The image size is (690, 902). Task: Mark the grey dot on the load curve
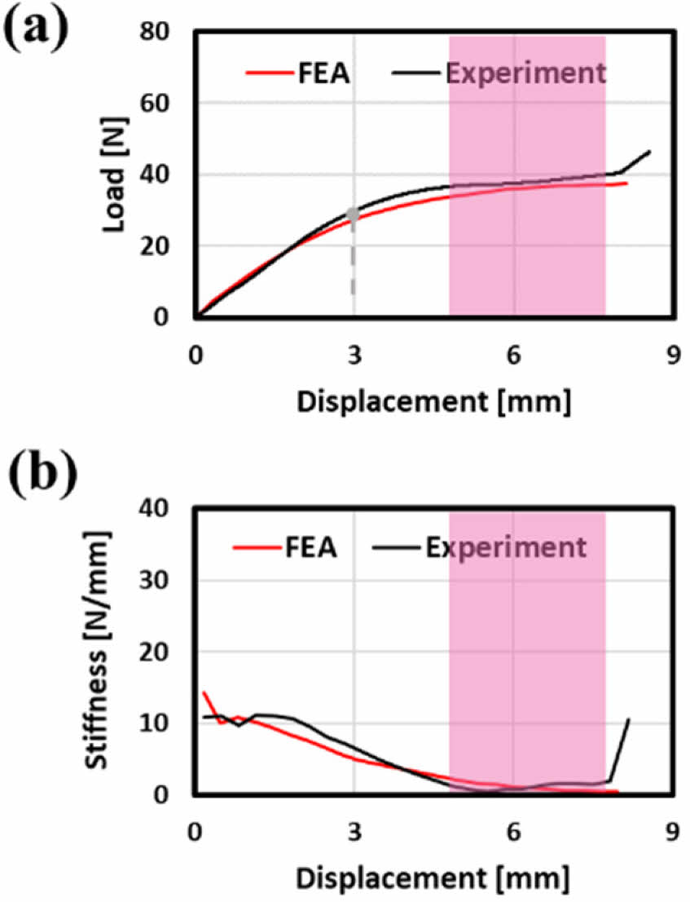click(x=353, y=214)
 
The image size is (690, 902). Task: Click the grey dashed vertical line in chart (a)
click(x=353, y=261)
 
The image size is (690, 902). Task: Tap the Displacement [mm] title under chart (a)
click(x=432, y=402)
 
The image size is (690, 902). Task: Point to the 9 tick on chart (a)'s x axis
click(x=672, y=356)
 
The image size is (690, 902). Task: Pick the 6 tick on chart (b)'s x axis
click(x=513, y=831)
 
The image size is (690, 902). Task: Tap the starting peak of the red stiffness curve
click(x=204, y=692)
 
